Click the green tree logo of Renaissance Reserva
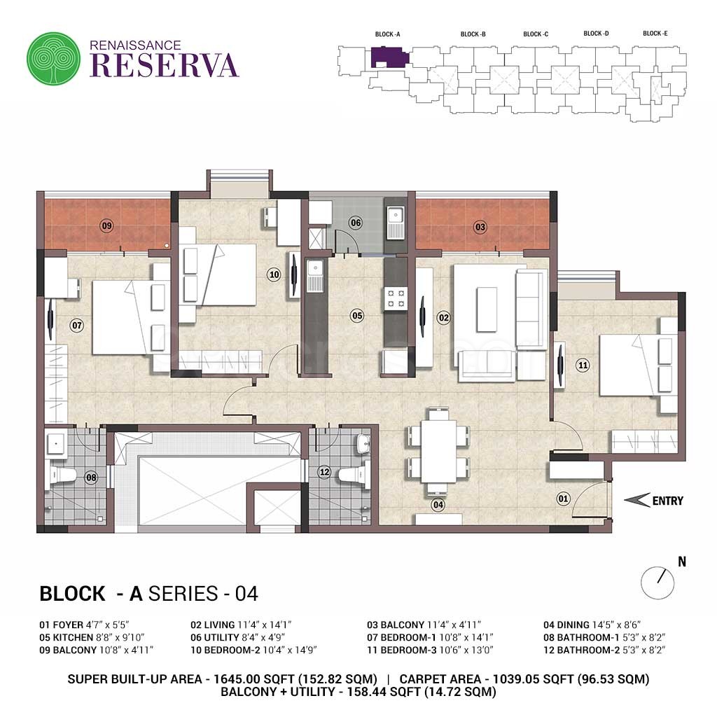(53, 58)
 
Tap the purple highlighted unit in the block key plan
(389, 57)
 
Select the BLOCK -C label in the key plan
(536, 34)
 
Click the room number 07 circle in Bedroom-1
(77, 326)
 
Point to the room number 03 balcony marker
(480, 227)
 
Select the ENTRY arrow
(637, 500)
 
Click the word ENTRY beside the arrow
(668, 501)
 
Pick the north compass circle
(657, 583)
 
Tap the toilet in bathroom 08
(62, 475)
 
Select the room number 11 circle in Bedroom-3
(583, 366)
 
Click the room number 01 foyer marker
(564, 499)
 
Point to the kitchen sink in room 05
(315, 275)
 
